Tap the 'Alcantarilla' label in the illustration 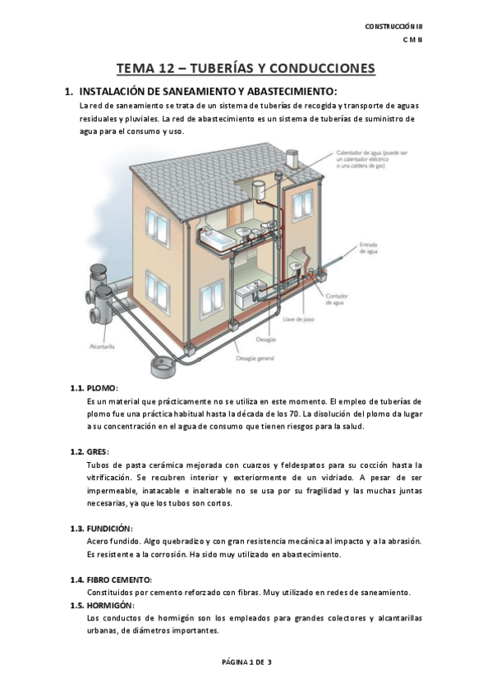pyautogui.click(x=102, y=347)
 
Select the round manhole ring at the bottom pyautogui.click(x=165, y=358)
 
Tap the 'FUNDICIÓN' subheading pyautogui.click(x=109, y=528)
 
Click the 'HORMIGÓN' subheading pyautogui.click(x=111, y=606)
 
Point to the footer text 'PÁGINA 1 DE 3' pyautogui.click(x=246, y=662)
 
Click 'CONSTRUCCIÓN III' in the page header pyautogui.click(x=393, y=27)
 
